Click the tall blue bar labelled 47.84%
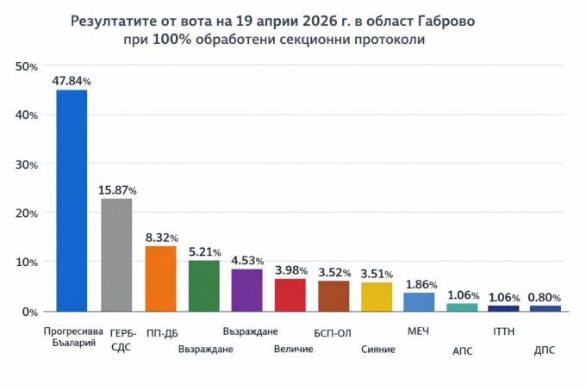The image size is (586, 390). pyautogui.click(x=72, y=200)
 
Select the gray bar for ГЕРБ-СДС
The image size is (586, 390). pyautogui.click(x=116, y=254)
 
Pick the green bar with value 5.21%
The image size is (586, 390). pyautogui.click(x=204, y=285)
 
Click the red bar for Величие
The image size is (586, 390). pyautogui.click(x=290, y=294)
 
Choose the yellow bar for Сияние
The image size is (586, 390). pyautogui.click(x=377, y=296)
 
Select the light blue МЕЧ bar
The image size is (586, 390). pyautogui.click(x=420, y=301)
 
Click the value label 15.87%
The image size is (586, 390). pyautogui.click(x=119, y=189)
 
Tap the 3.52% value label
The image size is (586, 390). pyautogui.click(x=334, y=272)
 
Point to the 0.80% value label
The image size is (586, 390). pyautogui.click(x=545, y=298)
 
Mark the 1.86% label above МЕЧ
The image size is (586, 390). pyautogui.click(x=421, y=284)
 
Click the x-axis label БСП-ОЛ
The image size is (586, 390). pyautogui.click(x=333, y=332)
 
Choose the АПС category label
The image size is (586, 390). pyautogui.click(x=462, y=350)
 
